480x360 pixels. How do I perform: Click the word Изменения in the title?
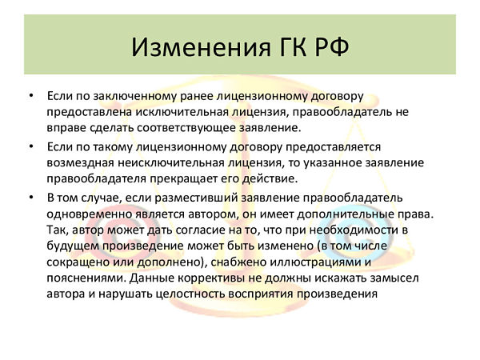[201, 47]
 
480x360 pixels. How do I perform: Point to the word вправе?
[66, 128]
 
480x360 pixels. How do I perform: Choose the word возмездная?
[81, 162]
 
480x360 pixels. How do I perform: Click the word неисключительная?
[171, 162]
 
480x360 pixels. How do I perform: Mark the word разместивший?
[196, 198]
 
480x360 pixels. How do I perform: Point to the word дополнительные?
[346, 214]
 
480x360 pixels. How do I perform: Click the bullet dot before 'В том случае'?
[31, 198]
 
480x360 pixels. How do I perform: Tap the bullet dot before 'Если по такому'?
[31, 146]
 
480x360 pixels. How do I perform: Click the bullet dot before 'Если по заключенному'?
[31, 96]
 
